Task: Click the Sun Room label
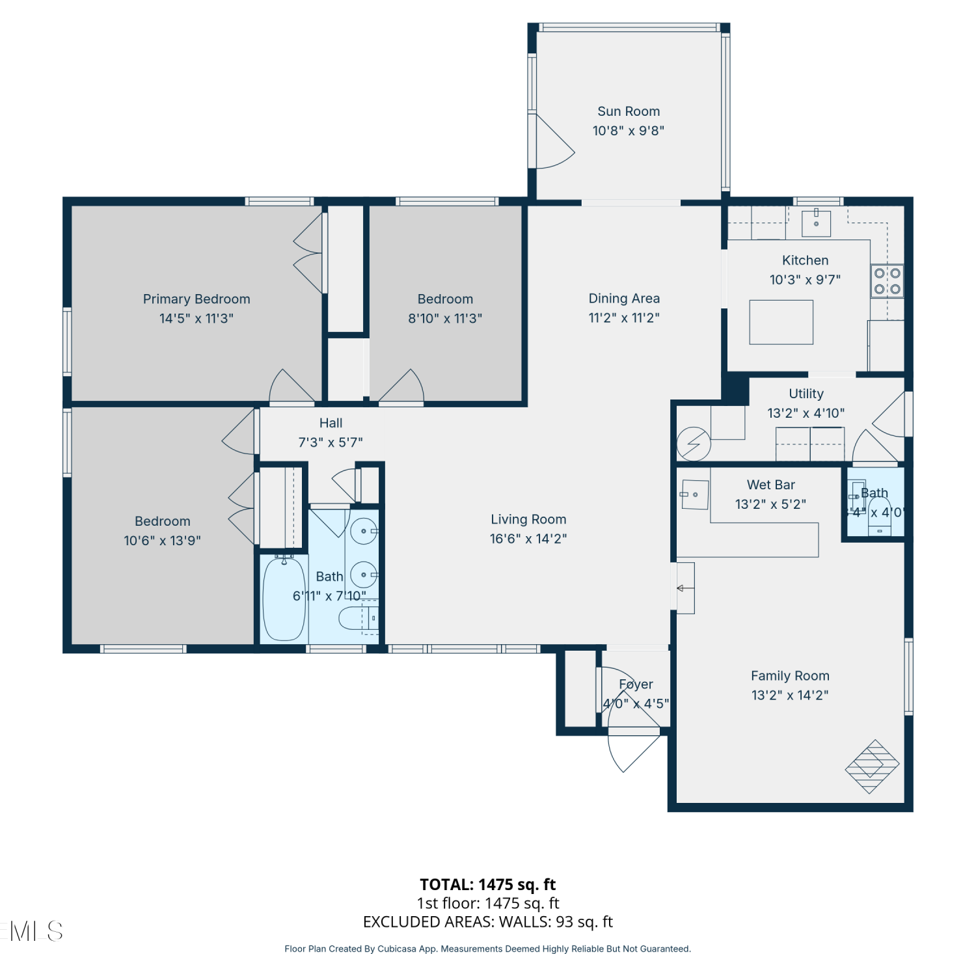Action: click(629, 111)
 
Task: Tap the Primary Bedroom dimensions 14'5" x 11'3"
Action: click(197, 318)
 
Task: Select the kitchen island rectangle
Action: click(781, 322)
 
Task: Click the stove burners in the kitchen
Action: click(888, 281)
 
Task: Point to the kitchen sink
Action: click(816, 223)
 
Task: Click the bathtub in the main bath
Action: click(284, 598)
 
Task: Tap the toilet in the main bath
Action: click(359, 618)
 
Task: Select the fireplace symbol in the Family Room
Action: click(872, 766)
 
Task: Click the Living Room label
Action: click(528, 519)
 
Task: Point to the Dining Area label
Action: click(624, 299)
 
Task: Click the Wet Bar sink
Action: click(694, 495)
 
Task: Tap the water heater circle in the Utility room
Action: click(694, 444)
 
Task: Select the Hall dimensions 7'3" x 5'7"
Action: click(331, 442)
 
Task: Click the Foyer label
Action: click(636, 685)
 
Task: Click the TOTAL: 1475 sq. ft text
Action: click(488, 884)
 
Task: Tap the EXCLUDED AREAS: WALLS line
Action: click(488, 922)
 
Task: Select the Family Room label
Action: click(790, 676)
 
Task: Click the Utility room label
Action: click(806, 394)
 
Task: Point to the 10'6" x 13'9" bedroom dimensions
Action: click(163, 541)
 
